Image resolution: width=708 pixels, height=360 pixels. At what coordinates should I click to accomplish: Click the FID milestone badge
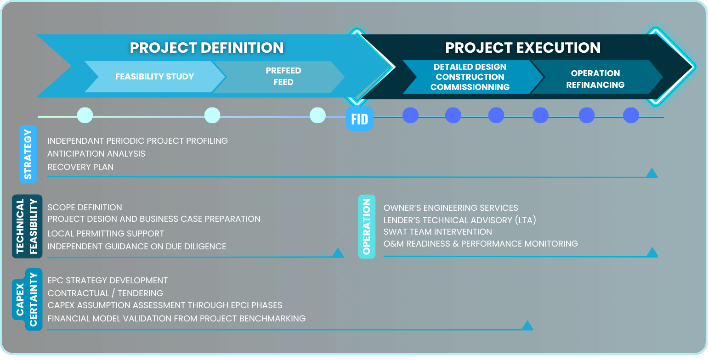pos(360,119)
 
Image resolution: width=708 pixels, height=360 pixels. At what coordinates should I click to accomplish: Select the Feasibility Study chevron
pos(155,77)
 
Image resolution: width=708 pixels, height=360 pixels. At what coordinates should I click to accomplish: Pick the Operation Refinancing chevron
pos(595,79)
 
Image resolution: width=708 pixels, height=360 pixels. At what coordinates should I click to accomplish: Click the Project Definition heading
pos(207,48)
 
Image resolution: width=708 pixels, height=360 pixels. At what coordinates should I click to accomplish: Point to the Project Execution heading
pos(523,48)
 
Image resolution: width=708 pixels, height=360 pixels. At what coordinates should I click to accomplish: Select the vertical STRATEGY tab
pos(28,154)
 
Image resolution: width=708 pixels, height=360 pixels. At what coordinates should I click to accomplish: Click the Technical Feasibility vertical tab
pos(27,226)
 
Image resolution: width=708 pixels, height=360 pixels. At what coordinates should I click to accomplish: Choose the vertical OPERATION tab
pos(367,227)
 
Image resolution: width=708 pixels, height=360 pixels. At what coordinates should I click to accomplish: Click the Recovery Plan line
pos(80,167)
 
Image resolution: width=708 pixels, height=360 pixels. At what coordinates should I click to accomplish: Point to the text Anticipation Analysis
pos(96,154)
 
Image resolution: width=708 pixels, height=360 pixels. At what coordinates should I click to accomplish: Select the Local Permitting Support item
pos(106,234)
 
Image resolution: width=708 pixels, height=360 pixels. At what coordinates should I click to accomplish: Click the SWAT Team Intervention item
pos(437,232)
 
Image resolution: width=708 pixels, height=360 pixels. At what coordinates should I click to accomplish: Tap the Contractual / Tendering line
pos(105,293)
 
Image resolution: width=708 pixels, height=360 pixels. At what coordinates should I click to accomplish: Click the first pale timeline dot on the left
pos(85,115)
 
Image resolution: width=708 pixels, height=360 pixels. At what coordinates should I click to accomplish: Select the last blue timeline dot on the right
pos(631,115)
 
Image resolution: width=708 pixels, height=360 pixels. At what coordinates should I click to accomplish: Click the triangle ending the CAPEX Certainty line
pos(527,325)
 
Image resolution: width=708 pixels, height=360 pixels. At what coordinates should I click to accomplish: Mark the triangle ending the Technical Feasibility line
pos(338,253)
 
